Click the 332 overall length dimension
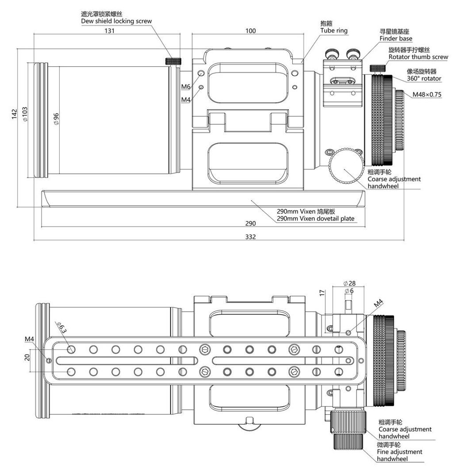[250, 237]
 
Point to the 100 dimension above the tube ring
[250, 31]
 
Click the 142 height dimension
[15, 114]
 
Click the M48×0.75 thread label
[427, 94]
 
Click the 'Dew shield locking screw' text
[116, 21]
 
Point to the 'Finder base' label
[396, 39]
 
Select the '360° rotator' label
[424, 78]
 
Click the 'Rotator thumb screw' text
[418, 57]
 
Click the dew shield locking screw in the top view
[173, 61]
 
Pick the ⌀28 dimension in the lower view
[349, 283]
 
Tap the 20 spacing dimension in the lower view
[27, 358]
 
